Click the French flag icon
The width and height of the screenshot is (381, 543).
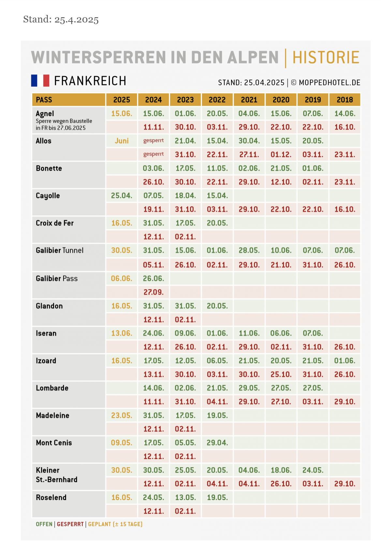pyautogui.click(x=40, y=80)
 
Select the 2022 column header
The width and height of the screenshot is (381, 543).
pyautogui.click(x=217, y=100)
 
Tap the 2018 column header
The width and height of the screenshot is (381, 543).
pyautogui.click(x=345, y=100)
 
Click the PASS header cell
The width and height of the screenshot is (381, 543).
pyautogui.click(x=44, y=100)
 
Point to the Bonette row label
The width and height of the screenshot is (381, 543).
pyautogui.click(x=49, y=168)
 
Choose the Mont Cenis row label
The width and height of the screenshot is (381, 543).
pyautogui.click(x=54, y=443)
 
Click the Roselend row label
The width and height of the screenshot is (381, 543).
pyautogui.click(x=51, y=497)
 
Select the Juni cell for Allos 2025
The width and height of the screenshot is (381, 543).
pyautogui.click(x=122, y=141)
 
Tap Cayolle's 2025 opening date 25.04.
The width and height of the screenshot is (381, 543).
pyautogui.click(x=122, y=196)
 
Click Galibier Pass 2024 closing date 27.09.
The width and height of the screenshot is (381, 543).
pyautogui.click(x=154, y=292)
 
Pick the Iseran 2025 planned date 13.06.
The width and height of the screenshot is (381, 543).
pyautogui.click(x=122, y=333)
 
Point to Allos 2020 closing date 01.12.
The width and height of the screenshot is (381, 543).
pyautogui.click(x=281, y=155)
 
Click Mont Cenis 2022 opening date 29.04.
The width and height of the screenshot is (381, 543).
pyautogui.click(x=217, y=443)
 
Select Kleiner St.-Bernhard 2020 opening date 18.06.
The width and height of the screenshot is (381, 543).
pyautogui.click(x=281, y=470)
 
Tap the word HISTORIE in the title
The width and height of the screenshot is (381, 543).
pyautogui.click(x=326, y=58)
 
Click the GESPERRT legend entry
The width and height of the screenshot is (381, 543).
pyautogui.click(x=70, y=524)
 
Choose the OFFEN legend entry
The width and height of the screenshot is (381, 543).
pyautogui.click(x=44, y=524)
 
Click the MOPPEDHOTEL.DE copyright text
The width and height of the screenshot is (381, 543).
pyautogui.click(x=329, y=83)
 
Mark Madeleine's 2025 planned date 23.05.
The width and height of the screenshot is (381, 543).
pyautogui.click(x=122, y=415)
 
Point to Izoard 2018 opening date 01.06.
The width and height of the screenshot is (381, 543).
pyautogui.click(x=345, y=361)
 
